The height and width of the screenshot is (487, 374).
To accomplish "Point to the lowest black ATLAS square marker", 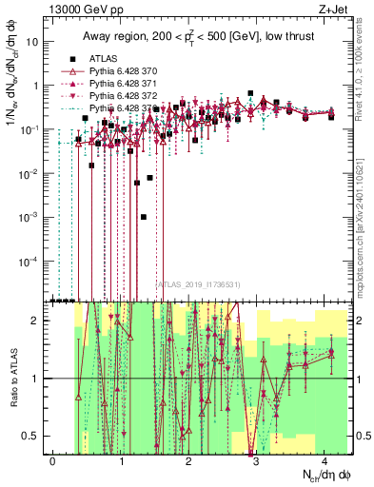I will click(x=143, y=217).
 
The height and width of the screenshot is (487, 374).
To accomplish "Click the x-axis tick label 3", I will click(x=257, y=460).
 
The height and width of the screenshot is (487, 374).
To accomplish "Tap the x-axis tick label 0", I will click(x=52, y=460).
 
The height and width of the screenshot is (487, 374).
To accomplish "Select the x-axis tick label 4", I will click(x=325, y=460).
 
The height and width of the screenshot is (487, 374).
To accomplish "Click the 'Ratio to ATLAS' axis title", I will click(x=12, y=378).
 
